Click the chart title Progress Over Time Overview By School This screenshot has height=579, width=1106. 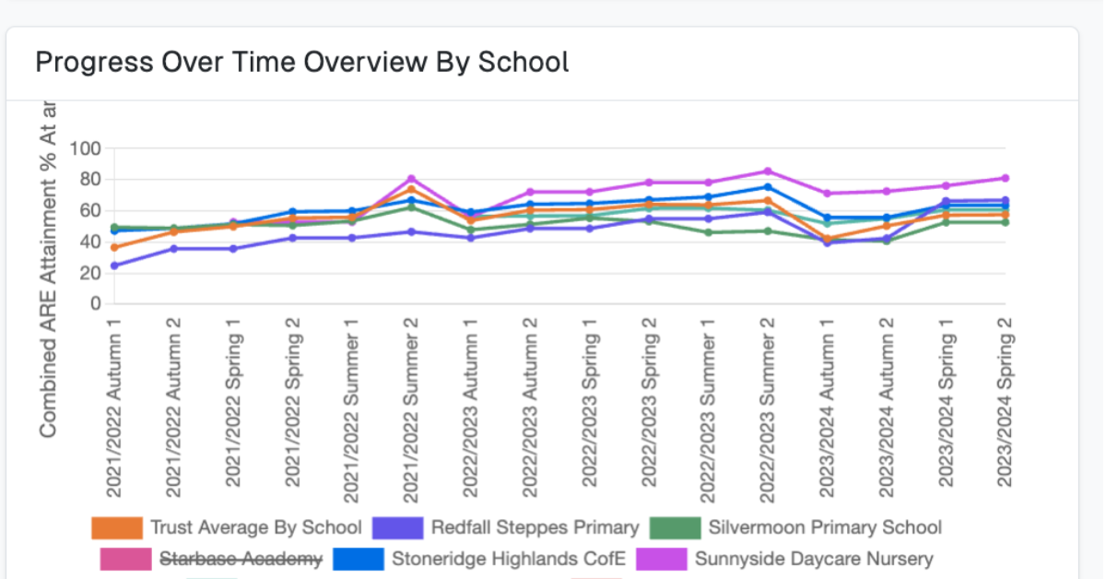[x=301, y=62]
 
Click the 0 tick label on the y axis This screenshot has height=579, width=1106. [x=93, y=304]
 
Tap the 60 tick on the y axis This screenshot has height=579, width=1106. [x=88, y=211]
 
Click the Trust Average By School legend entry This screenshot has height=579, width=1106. [x=255, y=528]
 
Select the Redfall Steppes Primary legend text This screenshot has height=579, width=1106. [x=535, y=528]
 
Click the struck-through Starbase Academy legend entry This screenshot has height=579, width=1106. [x=241, y=559]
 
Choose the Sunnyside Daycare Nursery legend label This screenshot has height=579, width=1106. [x=814, y=559]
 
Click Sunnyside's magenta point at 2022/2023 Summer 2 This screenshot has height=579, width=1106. [x=767, y=171]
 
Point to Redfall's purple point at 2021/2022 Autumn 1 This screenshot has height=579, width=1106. [x=113, y=266]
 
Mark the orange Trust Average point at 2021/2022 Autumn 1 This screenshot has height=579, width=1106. [x=113, y=247]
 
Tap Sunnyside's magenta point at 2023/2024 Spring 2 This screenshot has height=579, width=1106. [x=1005, y=178]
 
